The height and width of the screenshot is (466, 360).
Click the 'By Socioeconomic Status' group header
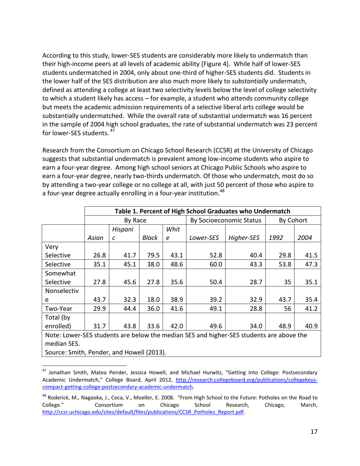point(226,220)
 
